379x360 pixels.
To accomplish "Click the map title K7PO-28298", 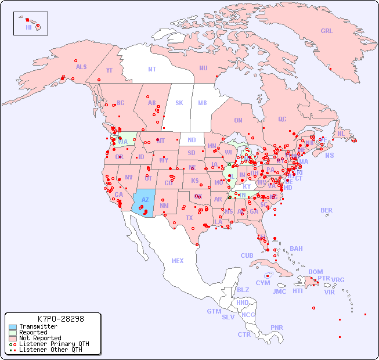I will pyautogui.click(x=61, y=319).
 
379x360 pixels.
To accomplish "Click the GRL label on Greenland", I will pyautogui.click(x=327, y=31).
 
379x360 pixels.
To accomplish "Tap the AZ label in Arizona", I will pyautogui.click(x=145, y=200).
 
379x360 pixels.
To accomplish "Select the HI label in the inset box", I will pyautogui.click(x=28, y=27).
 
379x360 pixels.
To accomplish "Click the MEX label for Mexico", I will pyautogui.click(x=178, y=261).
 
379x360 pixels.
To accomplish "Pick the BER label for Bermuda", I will pyautogui.click(x=327, y=210).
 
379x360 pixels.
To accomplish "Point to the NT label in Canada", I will pyautogui.click(x=152, y=69).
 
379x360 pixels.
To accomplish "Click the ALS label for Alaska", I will pyautogui.click(x=81, y=67).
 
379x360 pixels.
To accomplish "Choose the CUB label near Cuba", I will pyautogui.click(x=247, y=255).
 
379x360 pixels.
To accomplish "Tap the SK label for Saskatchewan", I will pyautogui.click(x=179, y=103).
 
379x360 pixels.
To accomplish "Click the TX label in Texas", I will pyautogui.click(x=189, y=218).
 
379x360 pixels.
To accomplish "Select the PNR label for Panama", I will pyautogui.click(x=277, y=327).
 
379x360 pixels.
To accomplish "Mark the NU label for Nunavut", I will pyautogui.click(x=203, y=68).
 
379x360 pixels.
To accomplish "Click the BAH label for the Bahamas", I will pyautogui.click(x=296, y=249).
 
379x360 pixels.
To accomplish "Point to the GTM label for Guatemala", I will pyautogui.click(x=214, y=311).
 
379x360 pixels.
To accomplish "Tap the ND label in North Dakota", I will pyautogui.click(x=192, y=140).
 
